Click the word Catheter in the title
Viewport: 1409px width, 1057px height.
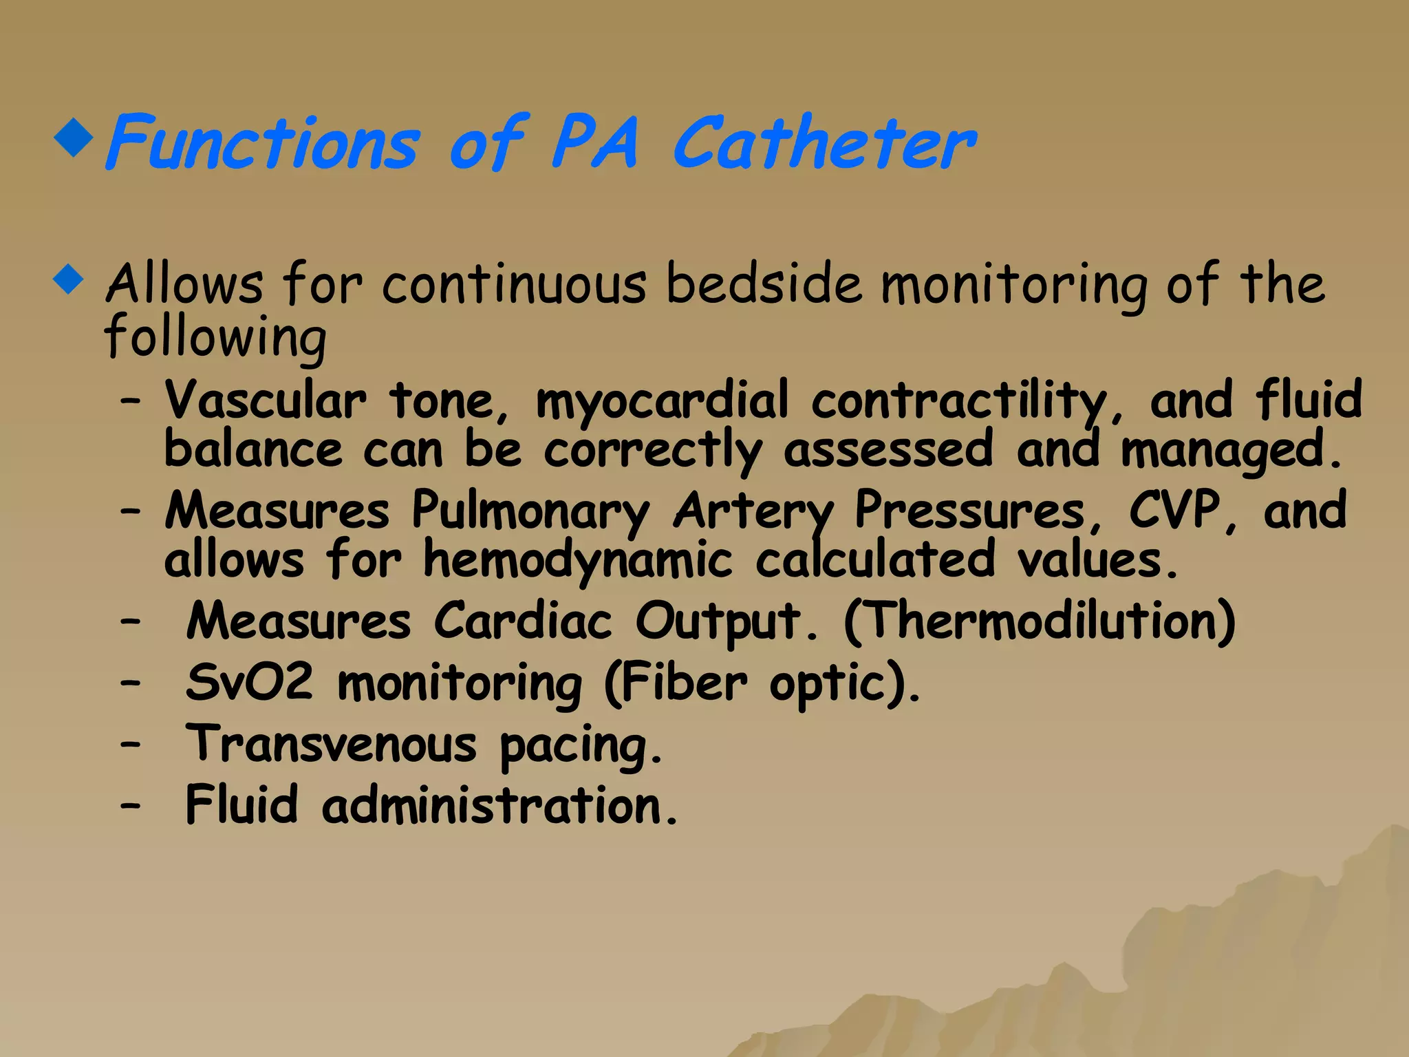point(824,143)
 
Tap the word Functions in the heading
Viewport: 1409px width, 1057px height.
point(261,143)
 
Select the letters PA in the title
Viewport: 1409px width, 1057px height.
point(594,143)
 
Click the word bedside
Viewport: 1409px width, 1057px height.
point(764,284)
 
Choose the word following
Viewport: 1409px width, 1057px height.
point(215,337)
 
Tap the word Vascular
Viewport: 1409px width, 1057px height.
point(266,401)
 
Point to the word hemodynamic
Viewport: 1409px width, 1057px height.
point(577,560)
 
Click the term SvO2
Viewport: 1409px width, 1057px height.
point(249,683)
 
